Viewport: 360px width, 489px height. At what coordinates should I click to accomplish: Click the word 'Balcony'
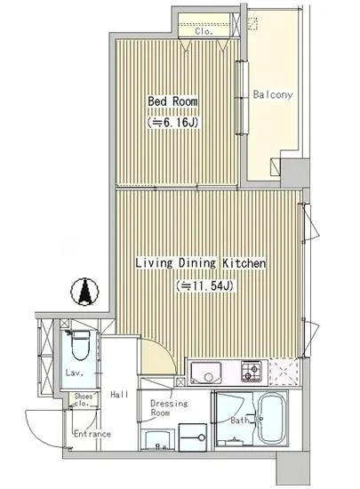point(273,94)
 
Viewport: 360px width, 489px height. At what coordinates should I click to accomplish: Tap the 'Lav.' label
point(75,373)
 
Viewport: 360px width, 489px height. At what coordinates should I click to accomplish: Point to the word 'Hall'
point(120,393)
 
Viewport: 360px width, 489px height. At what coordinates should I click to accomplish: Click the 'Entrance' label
point(92,434)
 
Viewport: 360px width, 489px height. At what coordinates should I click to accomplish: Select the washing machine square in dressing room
point(192,437)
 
